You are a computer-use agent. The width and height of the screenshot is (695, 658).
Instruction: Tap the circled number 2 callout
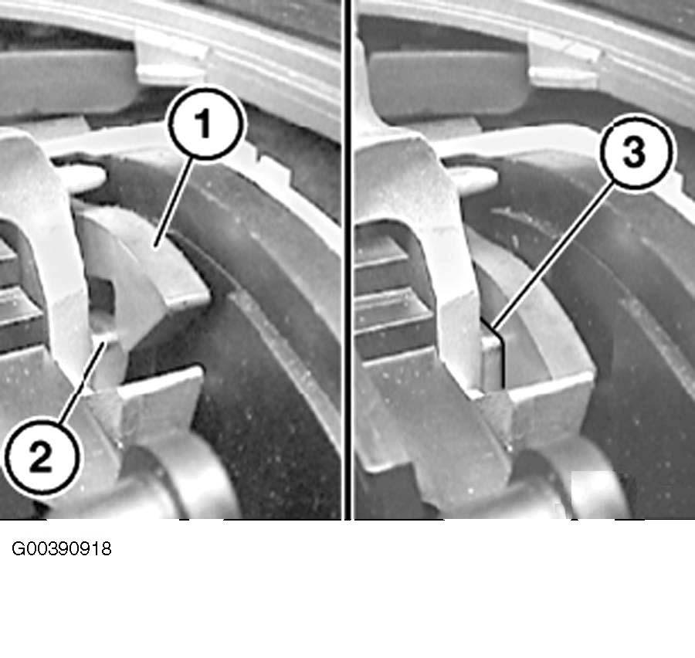coord(42,457)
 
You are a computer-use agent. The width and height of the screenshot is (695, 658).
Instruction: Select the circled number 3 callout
coord(636,151)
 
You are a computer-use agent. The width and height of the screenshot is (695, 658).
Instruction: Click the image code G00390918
coord(61,549)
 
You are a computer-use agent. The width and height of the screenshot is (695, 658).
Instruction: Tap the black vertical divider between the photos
coord(348,259)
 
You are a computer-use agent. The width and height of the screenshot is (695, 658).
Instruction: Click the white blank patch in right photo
coord(593,492)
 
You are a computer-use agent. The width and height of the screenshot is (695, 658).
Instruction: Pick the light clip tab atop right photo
coord(564,59)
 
